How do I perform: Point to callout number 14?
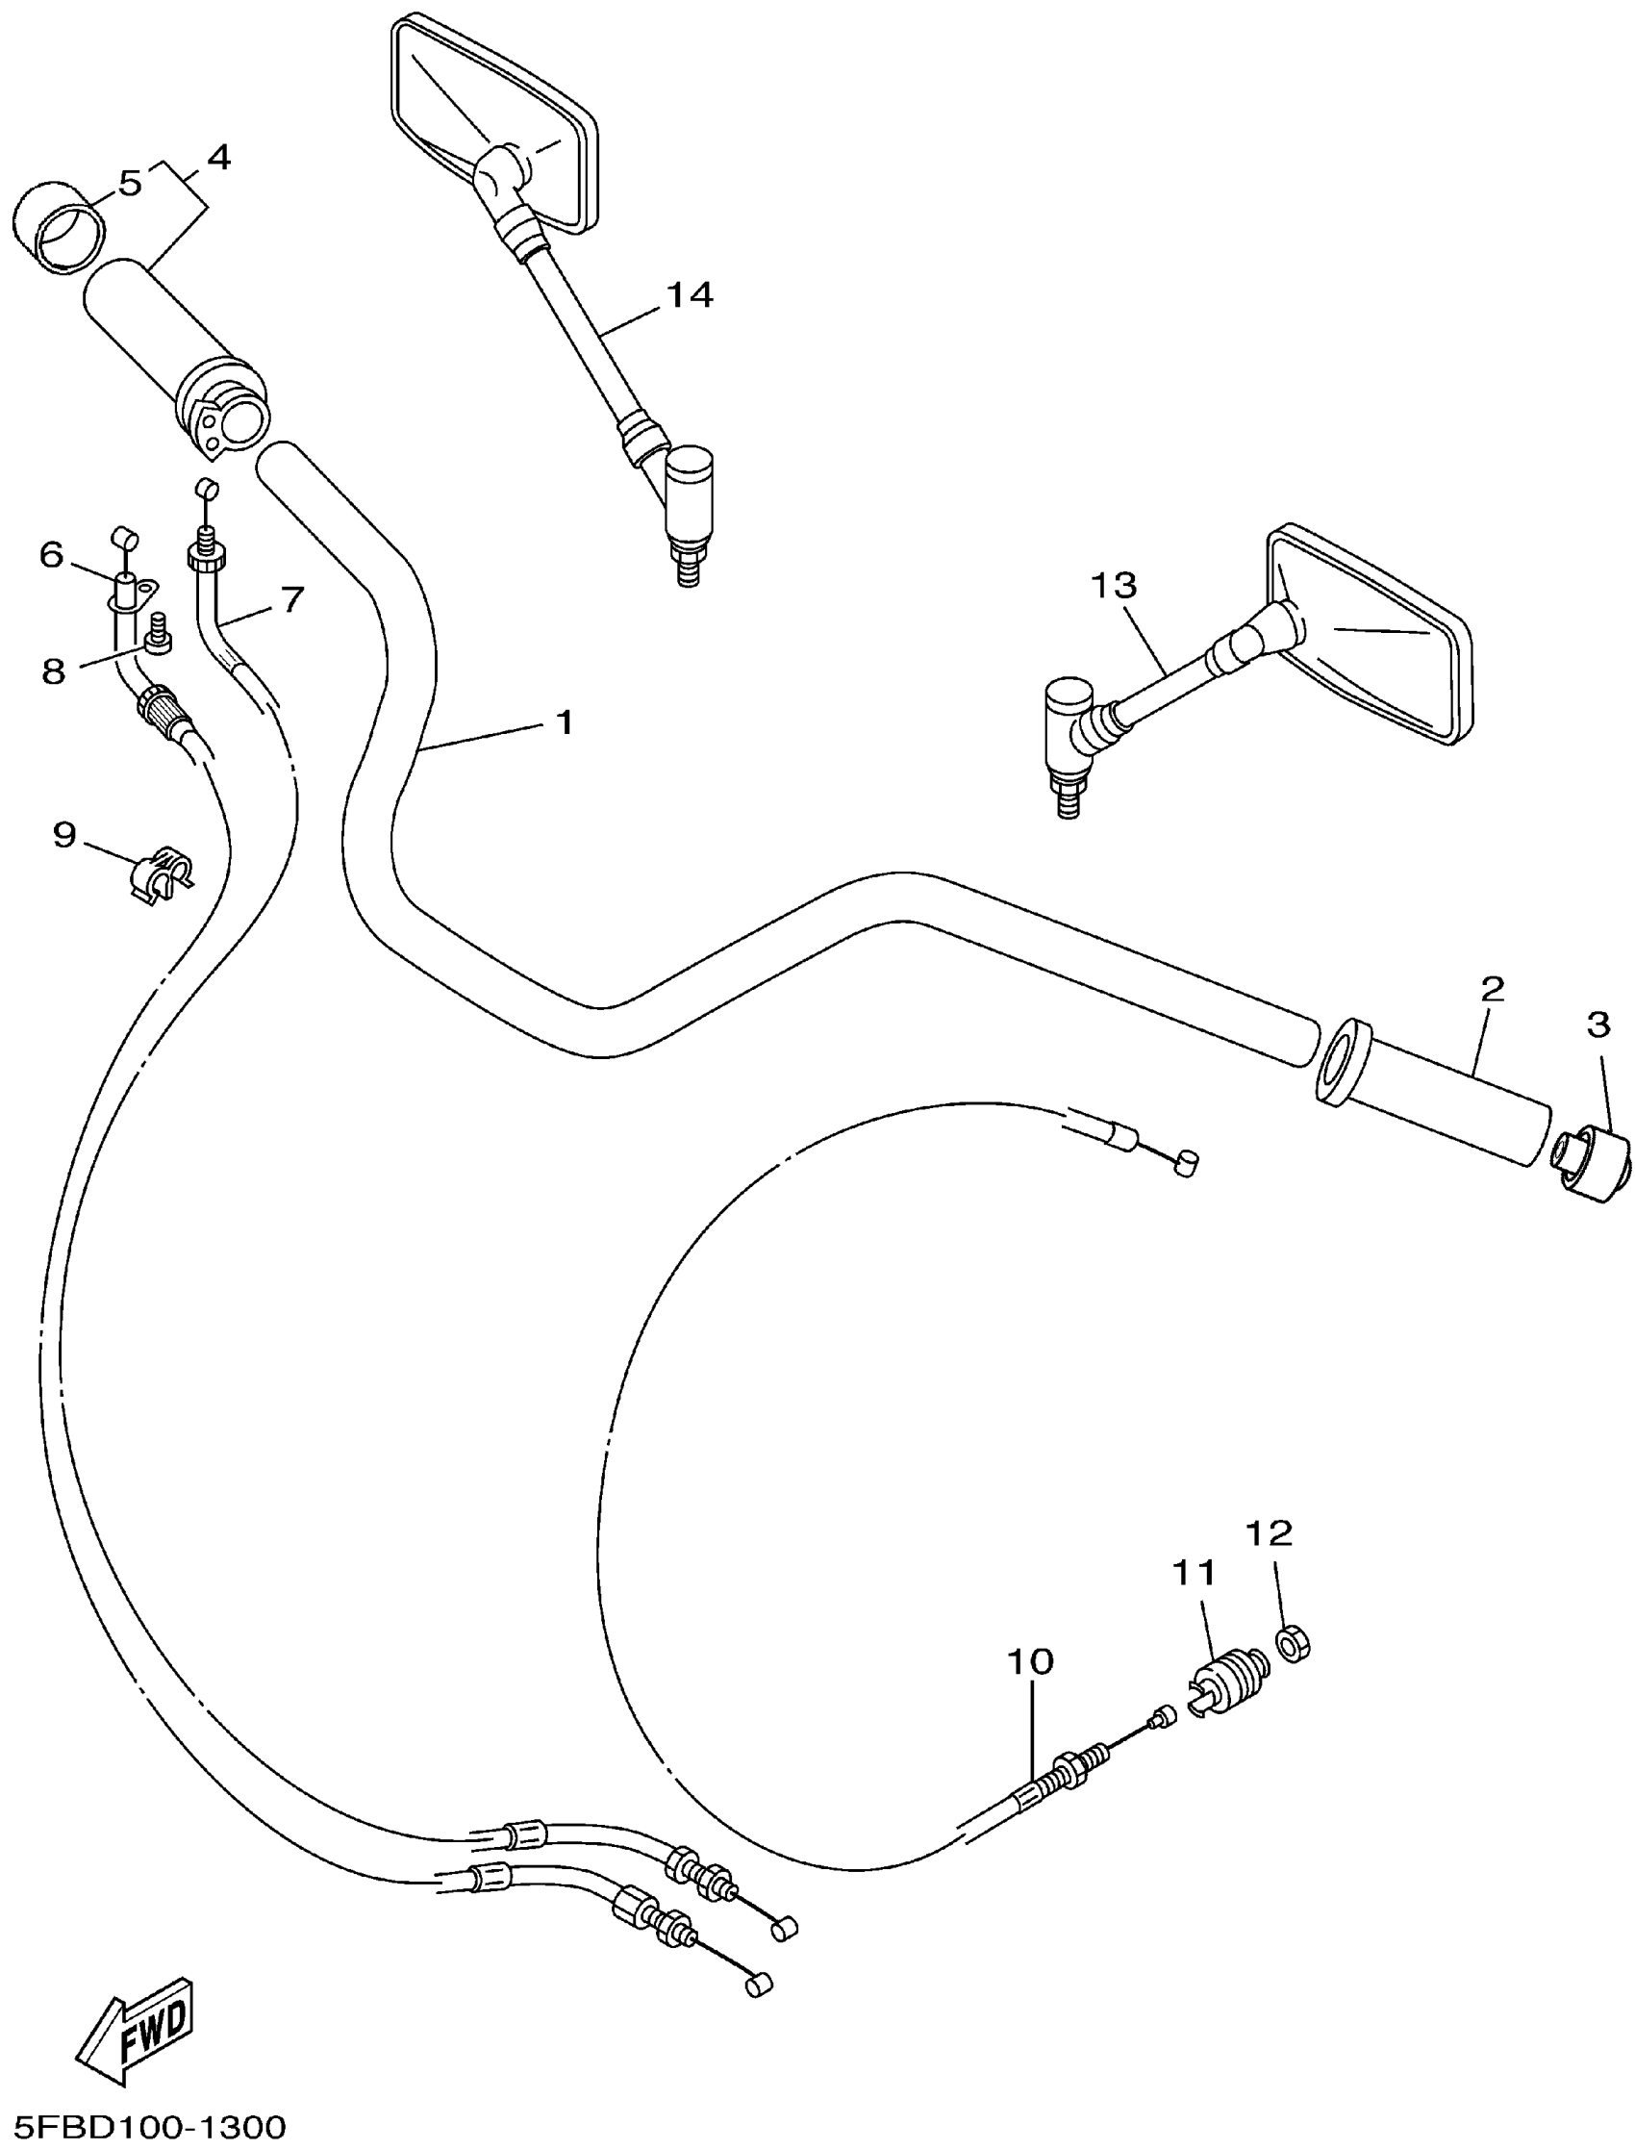[x=690, y=294]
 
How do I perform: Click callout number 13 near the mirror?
[x=1114, y=586]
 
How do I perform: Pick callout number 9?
[x=64, y=834]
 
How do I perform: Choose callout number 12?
[x=1270, y=1533]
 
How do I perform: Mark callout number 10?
[x=1031, y=1661]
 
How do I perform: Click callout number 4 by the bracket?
[x=219, y=158]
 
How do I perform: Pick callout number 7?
[x=292, y=599]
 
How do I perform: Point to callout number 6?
[x=51, y=555]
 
